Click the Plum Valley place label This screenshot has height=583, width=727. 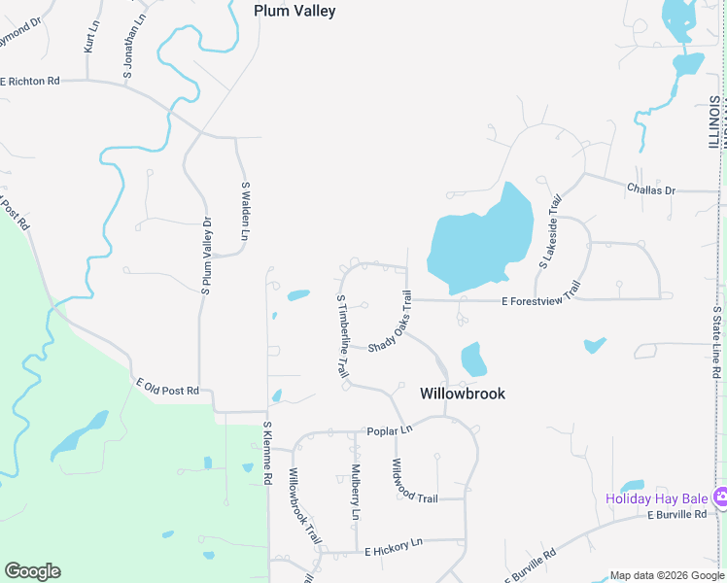click(294, 12)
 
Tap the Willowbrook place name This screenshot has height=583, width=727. click(463, 394)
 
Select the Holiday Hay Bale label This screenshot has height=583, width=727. click(657, 498)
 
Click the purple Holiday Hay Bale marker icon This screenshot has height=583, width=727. click(720, 497)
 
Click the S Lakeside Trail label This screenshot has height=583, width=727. click(550, 232)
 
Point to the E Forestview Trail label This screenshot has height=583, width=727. click(540, 301)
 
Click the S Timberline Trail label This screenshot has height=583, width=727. click(341, 336)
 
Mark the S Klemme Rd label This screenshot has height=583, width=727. click(266, 453)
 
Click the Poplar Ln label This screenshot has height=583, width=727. click(390, 429)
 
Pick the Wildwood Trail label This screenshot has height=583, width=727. click(414, 483)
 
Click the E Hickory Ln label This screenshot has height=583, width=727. click(394, 551)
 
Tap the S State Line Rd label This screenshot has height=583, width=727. click(716, 341)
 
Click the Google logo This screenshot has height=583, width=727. click(32, 571)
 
